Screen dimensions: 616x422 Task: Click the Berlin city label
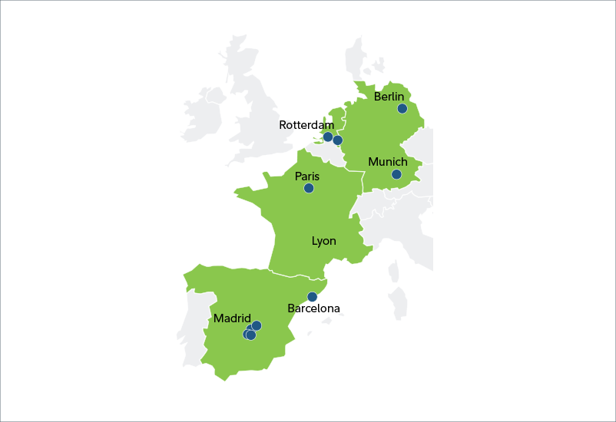point(389,97)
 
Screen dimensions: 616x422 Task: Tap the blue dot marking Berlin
point(402,109)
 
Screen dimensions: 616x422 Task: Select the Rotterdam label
point(306,124)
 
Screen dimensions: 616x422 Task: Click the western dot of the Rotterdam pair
point(328,137)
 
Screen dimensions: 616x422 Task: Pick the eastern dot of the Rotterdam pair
point(338,140)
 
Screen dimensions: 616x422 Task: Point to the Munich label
point(388,162)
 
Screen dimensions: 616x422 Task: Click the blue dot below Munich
point(396,175)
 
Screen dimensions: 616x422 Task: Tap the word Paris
point(307,176)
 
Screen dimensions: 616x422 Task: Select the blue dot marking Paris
point(309,188)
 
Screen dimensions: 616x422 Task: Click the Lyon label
point(323,241)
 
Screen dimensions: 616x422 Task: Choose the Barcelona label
point(313,309)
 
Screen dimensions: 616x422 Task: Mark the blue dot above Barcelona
point(312,297)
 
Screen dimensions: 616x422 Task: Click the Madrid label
point(233,318)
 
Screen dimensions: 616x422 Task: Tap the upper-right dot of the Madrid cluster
point(257,325)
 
